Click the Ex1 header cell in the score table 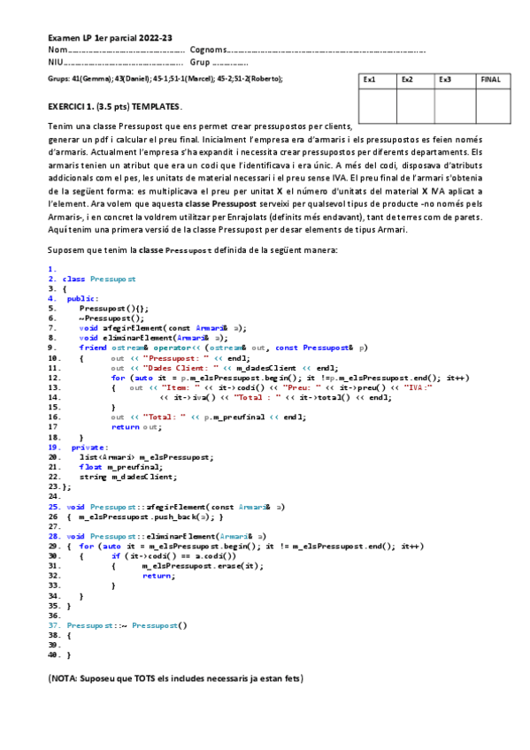(x=370, y=80)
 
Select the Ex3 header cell (x=445, y=80)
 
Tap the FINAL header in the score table (x=490, y=80)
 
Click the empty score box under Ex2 (x=415, y=105)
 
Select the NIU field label (x=56, y=63)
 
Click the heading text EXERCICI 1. (x=74, y=106)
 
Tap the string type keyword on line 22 (x=93, y=477)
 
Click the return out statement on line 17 (x=137, y=427)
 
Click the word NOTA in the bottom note (x=65, y=678)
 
